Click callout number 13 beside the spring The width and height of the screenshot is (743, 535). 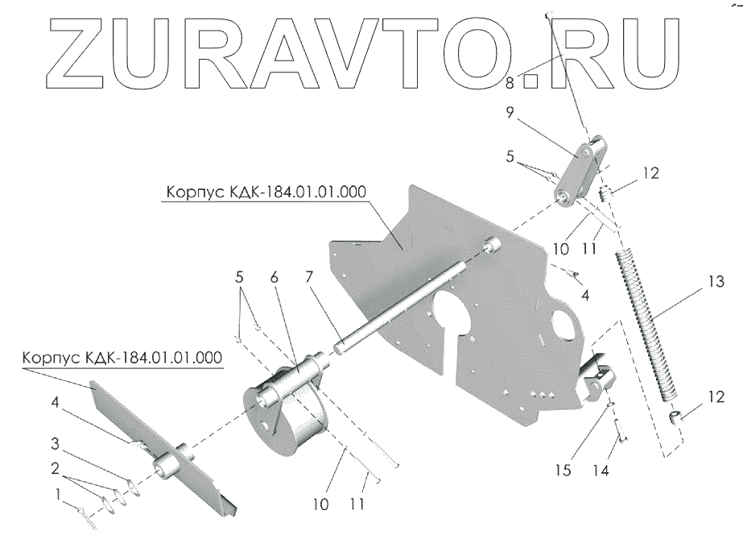715,283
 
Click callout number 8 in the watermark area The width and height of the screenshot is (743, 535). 510,83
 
